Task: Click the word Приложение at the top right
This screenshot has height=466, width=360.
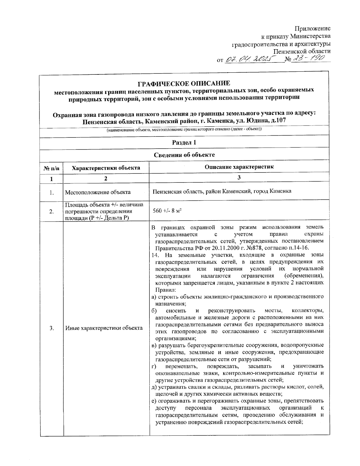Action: pos(312,29)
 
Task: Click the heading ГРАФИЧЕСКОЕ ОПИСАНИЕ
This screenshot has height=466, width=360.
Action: pos(184,83)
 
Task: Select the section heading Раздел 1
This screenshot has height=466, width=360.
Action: pos(184,143)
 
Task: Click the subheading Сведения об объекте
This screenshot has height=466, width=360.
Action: pos(184,155)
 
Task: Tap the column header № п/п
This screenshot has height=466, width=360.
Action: pos(52,168)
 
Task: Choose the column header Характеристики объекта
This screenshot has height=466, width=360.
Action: pos(106,168)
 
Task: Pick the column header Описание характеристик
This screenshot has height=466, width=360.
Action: pos(239,167)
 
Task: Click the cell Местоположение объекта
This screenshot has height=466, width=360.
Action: pos(98,192)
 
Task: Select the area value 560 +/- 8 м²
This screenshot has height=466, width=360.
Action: pos(167,211)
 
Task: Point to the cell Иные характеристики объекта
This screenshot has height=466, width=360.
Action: pos(104,328)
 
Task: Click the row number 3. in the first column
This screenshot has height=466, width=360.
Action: pos(52,328)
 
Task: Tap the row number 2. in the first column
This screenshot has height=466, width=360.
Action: pos(52,211)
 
